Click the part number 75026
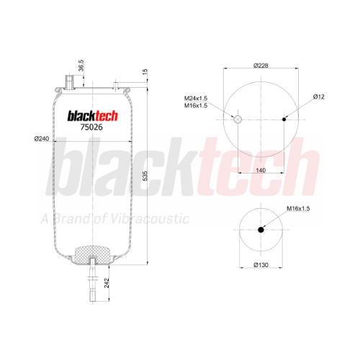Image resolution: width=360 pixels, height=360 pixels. click(91, 127)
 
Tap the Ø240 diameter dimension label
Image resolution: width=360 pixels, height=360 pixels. click(42, 138)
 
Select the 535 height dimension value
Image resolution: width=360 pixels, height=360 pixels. click(145, 176)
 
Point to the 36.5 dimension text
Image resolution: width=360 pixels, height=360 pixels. click(81, 66)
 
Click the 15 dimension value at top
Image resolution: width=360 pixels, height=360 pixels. click(145, 72)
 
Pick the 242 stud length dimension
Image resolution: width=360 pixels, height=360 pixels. click(107, 283)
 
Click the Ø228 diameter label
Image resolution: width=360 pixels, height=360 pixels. click(261, 66)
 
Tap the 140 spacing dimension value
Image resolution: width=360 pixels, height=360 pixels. click(261, 170)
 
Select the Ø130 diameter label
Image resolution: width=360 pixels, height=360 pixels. click(261, 265)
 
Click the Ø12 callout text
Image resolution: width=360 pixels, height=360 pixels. click(319, 96)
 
